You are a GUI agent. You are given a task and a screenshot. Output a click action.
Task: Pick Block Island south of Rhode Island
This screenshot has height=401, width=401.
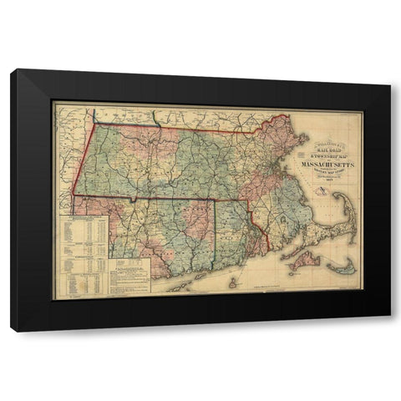coord(233,282)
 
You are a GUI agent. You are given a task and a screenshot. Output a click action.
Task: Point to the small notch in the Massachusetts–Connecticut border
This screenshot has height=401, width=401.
coord(134,200)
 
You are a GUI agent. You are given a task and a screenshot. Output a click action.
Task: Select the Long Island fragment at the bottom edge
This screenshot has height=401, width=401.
coord(180,284)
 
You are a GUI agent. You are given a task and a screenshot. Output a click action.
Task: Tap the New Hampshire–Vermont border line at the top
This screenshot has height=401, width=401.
coord(156,114)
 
